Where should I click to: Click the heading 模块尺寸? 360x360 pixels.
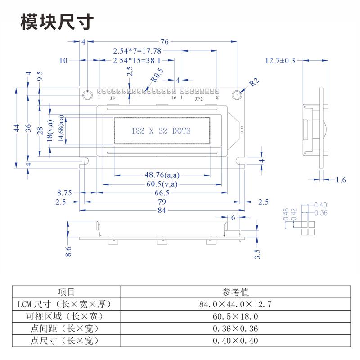click(x=57, y=22)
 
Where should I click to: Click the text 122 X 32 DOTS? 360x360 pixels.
click(x=161, y=131)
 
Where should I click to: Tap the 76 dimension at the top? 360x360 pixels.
click(x=164, y=42)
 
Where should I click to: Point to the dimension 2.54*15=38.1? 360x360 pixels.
click(x=137, y=60)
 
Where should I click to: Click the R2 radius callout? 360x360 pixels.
click(x=255, y=82)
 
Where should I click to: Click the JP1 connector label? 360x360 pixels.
click(x=114, y=98)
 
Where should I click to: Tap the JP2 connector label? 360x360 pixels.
click(x=198, y=98)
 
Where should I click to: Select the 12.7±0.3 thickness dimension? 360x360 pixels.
click(x=280, y=60)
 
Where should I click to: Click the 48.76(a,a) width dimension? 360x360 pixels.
click(x=162, y=175)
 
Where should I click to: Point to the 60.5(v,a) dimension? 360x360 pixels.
click(x=162, y=184)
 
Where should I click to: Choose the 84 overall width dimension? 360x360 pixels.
click(x=162, y=210)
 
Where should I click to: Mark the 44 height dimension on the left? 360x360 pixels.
click(x=17, y=127)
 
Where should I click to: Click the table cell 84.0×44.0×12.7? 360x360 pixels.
click(x=235, y=304)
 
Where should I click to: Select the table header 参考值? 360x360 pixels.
click(x=235, y=292)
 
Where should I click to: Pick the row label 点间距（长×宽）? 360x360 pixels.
click(x=65, y=328)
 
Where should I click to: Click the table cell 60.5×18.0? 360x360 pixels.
click(x=235, y=316)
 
